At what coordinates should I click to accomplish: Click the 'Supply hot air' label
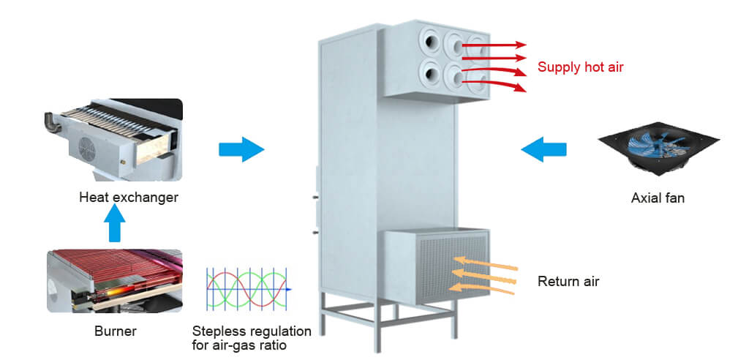pyautogui.click(x=580, y=67)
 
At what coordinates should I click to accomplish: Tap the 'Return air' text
pyautogui.click(x=568, y=281)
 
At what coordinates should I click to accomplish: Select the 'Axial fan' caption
pyautogui.click(x=658, y=198)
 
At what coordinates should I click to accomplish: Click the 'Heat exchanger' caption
pyautogui.click(x=129, y=198)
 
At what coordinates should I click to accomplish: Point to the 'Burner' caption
pyautogui.click(x=115, y=331)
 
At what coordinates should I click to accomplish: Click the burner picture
pyautogui.click(x=114, y=280)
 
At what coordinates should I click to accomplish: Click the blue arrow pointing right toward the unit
pyautogui.click(x=241, y=150)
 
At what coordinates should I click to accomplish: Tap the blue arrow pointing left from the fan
pyautogui.click(x=543, y=150)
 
